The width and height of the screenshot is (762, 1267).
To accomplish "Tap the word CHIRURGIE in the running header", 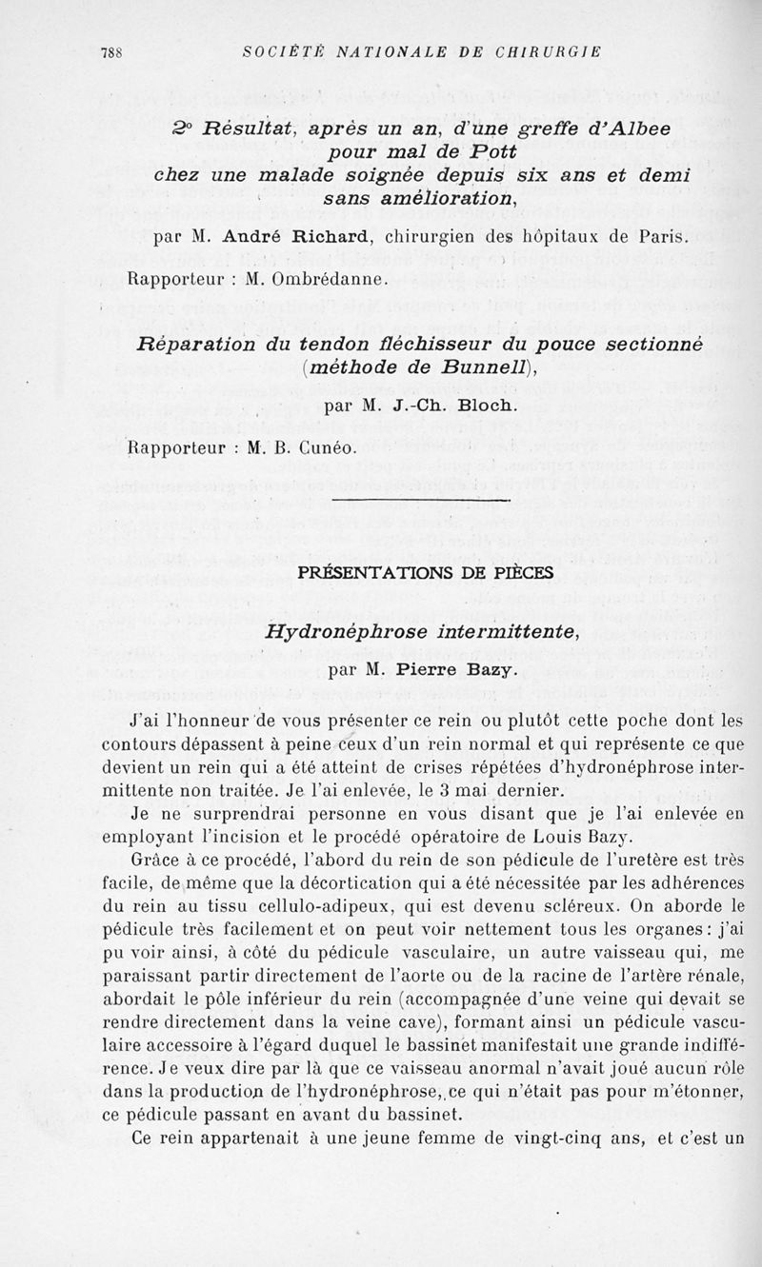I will pyautogui.click(x=553, y=52).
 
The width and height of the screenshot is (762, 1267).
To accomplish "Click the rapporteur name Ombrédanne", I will pyautogui.click(x=320, y=280).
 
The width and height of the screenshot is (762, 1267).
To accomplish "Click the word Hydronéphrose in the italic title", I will pyautogui.click(x=347, y=631).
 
